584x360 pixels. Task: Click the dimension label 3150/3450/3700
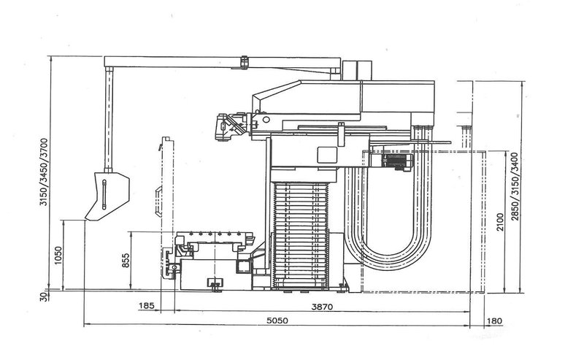coord(43,172)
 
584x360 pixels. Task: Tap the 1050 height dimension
coord(58,256)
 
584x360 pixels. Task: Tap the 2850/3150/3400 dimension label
coord(515,187)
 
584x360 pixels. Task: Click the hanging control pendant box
coord(106,194)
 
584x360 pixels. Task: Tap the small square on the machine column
coord(326,153)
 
